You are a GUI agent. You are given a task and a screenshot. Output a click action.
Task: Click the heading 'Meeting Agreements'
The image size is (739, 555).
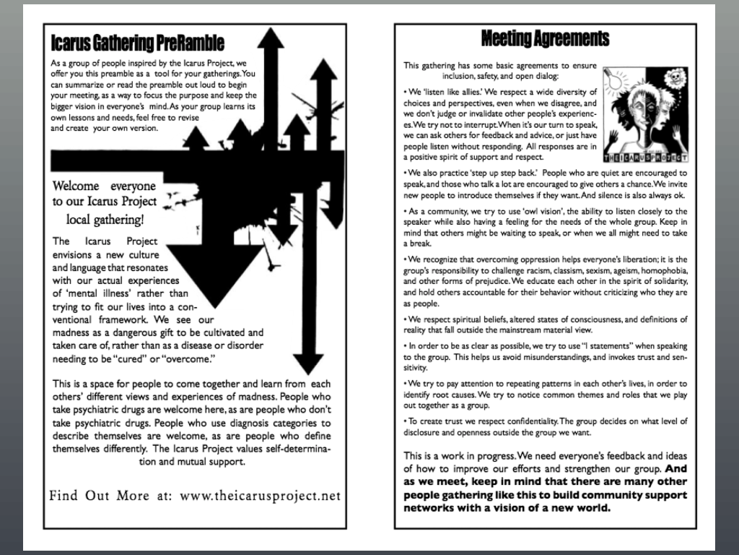coord(545,38)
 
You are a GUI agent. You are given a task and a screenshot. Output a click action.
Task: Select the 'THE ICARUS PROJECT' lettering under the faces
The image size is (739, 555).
coord(646,157)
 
